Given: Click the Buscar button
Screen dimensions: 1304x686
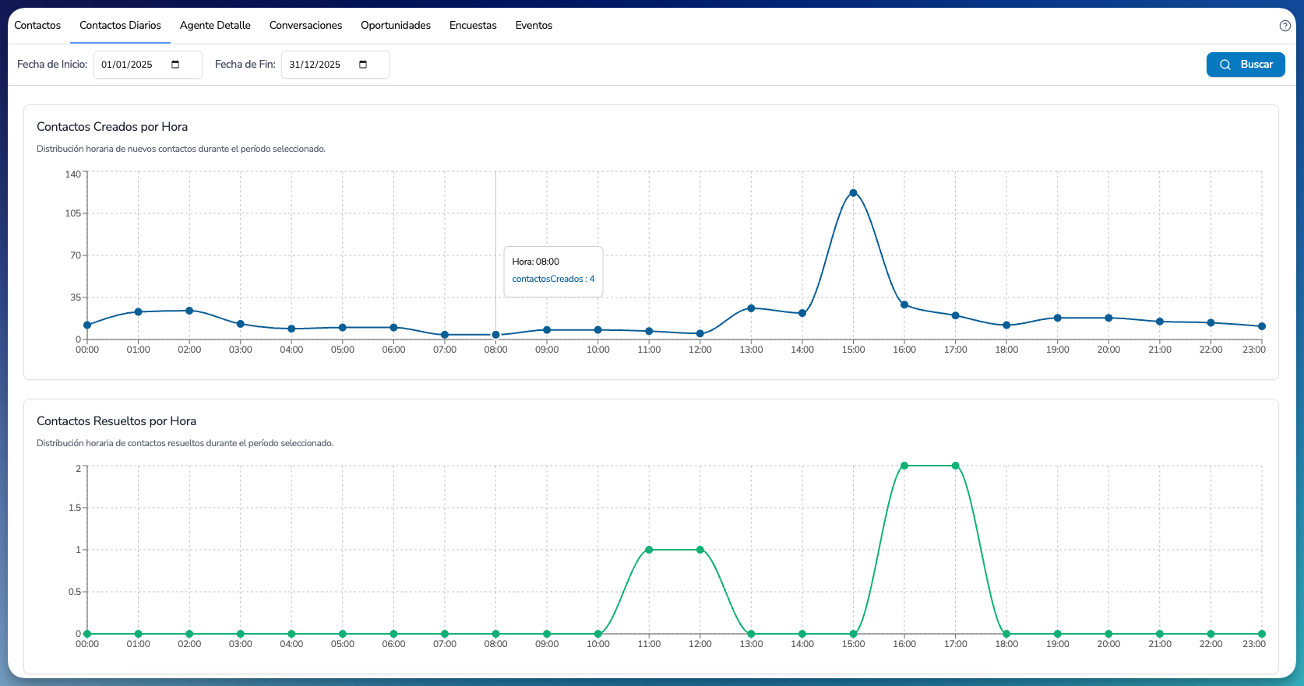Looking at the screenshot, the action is point(1246,65).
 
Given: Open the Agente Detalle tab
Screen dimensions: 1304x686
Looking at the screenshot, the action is point(215,26).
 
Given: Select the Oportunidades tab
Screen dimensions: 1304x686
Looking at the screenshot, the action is point(395,26).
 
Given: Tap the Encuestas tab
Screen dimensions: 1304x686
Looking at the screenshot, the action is point(473,26).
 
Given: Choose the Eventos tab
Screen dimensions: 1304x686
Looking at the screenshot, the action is point(534,26).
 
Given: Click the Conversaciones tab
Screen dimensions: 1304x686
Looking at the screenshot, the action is point(305,26).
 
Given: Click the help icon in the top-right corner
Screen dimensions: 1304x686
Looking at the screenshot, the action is point(1285,26).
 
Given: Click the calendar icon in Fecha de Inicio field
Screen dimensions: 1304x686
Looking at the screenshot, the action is point(175,65).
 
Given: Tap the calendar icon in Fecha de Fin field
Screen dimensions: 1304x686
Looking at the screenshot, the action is point(363,65).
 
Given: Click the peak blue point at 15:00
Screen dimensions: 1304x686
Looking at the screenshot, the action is point(853,193).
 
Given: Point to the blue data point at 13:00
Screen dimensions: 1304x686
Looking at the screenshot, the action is point(751,308).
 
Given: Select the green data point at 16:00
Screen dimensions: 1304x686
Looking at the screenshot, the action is point(904,466).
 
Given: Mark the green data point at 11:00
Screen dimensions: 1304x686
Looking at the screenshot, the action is point(649,550).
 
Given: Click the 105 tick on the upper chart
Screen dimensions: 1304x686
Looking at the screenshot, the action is point(72,213).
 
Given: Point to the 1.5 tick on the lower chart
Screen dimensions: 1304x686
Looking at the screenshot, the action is point(75,508).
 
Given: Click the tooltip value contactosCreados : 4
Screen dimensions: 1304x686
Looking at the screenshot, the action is point(553,279).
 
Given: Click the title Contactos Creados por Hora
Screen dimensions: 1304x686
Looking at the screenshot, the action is point(112,127).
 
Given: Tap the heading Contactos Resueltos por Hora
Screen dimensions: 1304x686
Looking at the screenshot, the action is point(116,421).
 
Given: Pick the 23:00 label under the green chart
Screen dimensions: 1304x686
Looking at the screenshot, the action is point(1254,644).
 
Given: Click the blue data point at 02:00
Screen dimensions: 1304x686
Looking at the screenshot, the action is point(189,311).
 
